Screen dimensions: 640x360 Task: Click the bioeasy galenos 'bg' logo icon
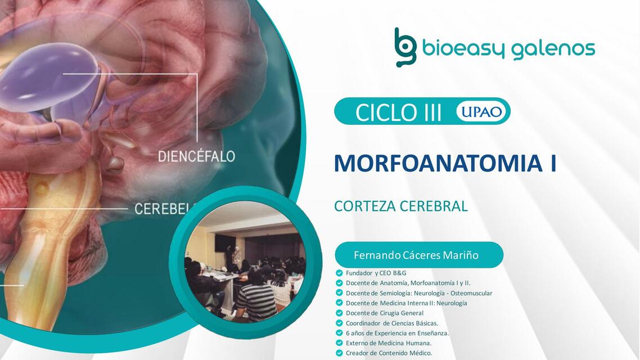(x=405, y=48)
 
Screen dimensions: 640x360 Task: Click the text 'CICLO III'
(x=398, y=112)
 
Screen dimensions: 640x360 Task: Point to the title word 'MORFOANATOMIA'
(x=435, y=163)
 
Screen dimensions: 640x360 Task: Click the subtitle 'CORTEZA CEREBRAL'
(x=401, y=206)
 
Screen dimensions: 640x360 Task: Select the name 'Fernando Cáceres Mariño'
(x=416, y=255)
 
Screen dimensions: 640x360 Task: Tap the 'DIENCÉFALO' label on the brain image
(x=196, y=156)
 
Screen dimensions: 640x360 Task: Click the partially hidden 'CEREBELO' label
(x=165, y=209)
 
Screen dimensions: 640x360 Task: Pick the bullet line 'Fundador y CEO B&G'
(x=376, y=273)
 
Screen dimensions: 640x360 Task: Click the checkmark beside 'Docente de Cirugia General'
(x=339, y=313)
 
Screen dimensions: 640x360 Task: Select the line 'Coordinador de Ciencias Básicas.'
(x=392, y=323)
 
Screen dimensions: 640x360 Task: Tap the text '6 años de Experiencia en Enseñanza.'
(x=397, y=333)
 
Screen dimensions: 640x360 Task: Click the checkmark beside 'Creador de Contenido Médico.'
(x=339, y=353)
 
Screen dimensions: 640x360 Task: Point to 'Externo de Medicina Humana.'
(x=389, y=343)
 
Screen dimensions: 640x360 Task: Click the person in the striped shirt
(x=256, y=296)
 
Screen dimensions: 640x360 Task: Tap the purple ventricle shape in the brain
(x=49, y=79)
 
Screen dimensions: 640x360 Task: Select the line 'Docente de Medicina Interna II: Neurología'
(x=407, y=303)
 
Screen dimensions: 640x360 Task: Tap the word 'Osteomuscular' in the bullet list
(x=471, y=293)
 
